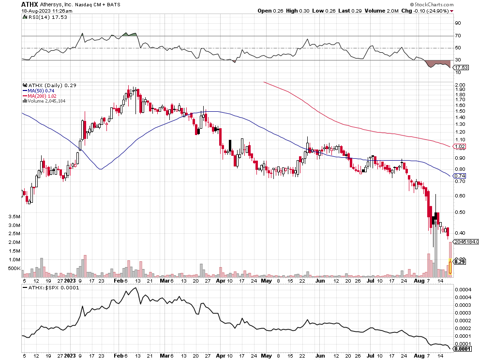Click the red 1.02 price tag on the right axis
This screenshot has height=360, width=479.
[x=461, y=146]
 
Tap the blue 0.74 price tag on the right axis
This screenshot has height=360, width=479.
[x=461, y=176]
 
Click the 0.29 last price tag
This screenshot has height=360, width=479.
[x=461, y=262]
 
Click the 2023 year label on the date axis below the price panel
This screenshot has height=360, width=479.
[x=70, y=280]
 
